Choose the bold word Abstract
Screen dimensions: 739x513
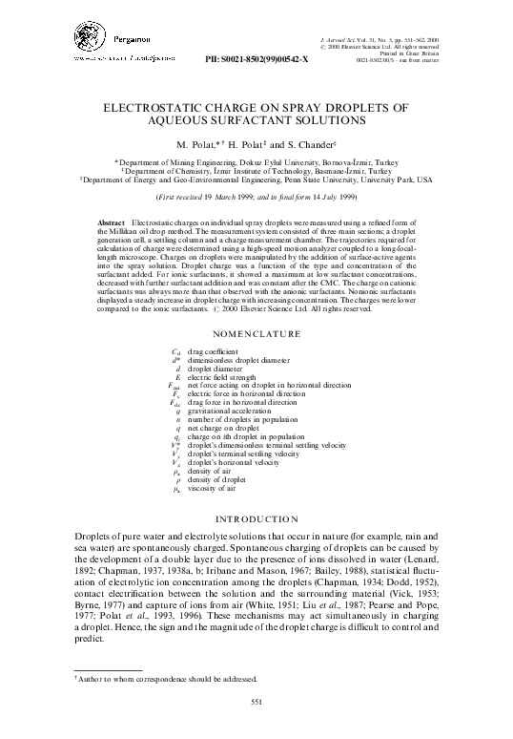(x=113, y=222)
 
